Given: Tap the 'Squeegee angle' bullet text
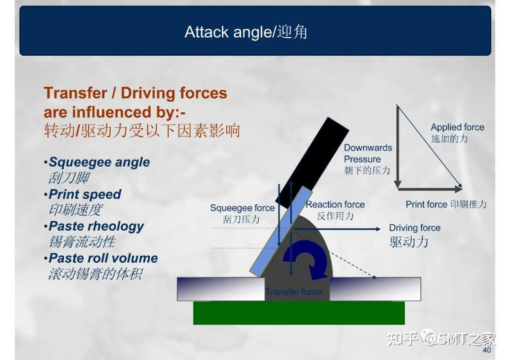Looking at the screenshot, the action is tap(99, 162).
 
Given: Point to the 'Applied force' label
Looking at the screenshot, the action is tap(457, 127).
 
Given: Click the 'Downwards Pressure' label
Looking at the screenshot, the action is tap(368, 153).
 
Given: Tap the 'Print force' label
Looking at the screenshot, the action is tap(426, 204).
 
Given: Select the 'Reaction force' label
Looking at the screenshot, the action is tap(335, 204).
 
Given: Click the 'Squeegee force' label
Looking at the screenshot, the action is tap(242, 208).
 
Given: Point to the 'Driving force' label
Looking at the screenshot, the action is tap(415, 228).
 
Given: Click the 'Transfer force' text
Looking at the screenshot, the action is tap(293, 292).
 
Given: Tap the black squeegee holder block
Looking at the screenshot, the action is tap(312, 162).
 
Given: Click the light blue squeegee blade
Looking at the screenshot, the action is tap(281, 232).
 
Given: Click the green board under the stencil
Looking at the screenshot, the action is tap(299, 313).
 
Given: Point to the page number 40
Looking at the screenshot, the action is tap(486, 350).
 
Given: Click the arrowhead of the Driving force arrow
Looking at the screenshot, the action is tap(378, 229).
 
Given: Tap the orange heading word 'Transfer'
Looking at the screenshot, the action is tap(75, 93).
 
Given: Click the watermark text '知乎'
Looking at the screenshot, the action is tap(402, 338).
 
